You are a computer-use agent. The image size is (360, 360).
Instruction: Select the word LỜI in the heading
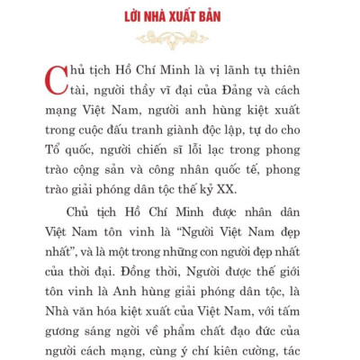click(134, 17)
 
